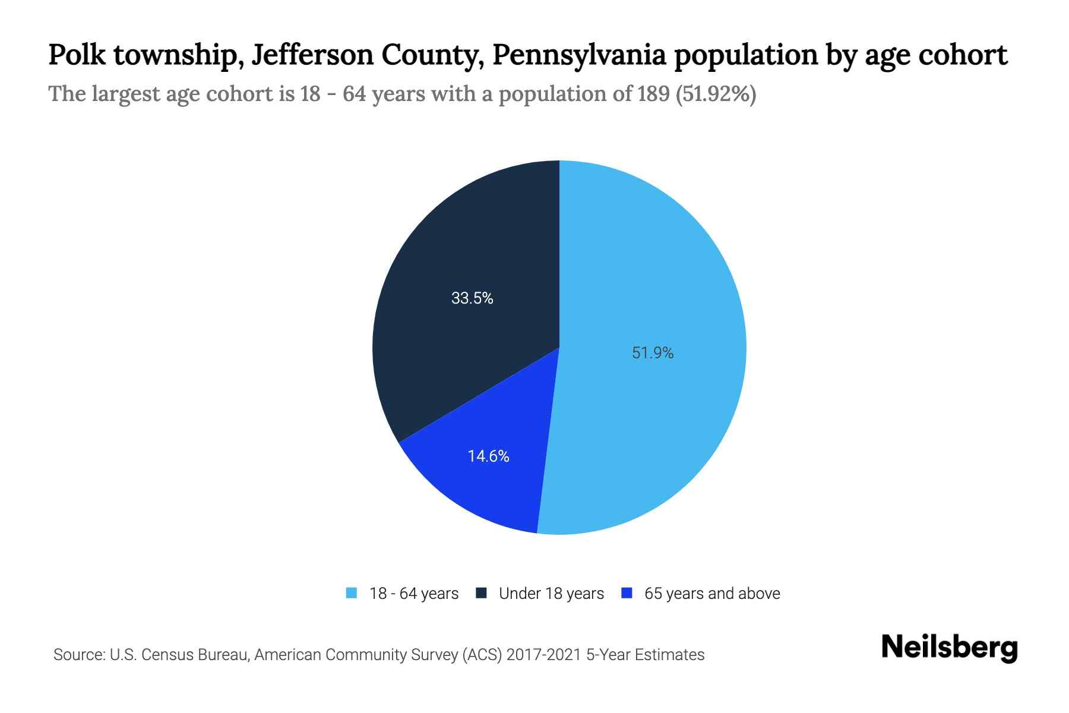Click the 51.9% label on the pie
(653, 353)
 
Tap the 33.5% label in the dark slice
(472, 298)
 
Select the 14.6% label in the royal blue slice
(488, 456)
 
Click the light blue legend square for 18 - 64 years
(352, 593)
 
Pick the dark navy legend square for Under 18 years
(481, 593)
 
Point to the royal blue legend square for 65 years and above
(626, 593)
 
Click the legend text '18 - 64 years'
(414, 594)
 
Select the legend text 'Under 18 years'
(551, 594)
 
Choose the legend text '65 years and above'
(712, 594)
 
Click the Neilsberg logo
(949, 647)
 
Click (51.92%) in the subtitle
(716, 94)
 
